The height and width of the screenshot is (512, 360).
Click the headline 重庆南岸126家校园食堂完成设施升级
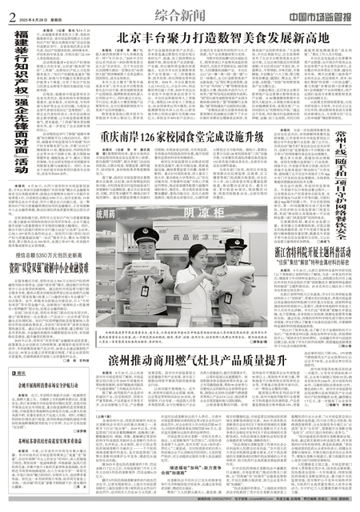[x=183, y=136]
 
